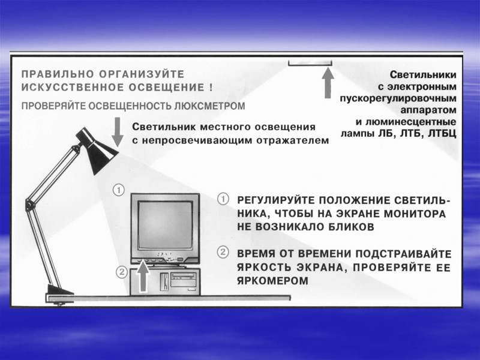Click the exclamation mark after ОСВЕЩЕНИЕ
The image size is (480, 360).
[x=211, y=87]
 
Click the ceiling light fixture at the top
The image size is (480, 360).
[x=310, y=62]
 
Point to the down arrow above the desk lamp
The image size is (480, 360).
[x=118, y=132]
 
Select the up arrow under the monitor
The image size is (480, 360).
[x=142, y=277]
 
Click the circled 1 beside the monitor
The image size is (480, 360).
[x=119, y=191]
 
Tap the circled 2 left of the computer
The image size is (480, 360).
[x=121, y=272]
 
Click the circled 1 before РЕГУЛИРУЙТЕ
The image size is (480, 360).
[x=223, y=199]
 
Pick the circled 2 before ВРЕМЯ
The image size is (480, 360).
[x=223, y=252]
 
